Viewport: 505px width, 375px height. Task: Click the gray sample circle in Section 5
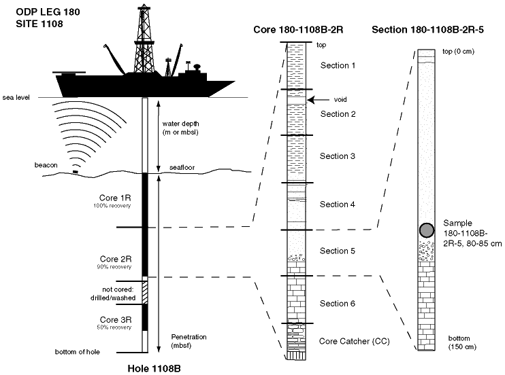coord(427,230)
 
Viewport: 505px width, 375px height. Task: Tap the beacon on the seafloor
coord(76,172)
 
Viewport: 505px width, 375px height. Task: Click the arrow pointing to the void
coord(319,100)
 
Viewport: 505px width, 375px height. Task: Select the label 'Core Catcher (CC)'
coord(355,341)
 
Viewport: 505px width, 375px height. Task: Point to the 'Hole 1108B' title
coord(154,369)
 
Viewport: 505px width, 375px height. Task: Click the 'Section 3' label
coord(337,156)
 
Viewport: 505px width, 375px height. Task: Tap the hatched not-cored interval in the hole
coord(145,292)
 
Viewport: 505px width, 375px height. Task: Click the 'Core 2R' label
coord(115,259)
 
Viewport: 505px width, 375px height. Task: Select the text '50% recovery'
coord(114,327)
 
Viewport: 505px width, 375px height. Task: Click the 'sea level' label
coord(16,97)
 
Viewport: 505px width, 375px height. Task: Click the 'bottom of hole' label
coord(78,352)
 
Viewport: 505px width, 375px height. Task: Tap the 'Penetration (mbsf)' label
coord(189,341)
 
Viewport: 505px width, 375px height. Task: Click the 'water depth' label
coord(180,124)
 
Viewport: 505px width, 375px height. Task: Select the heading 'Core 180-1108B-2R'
coord(298,30)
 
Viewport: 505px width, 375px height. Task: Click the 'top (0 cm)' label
coord(458,52)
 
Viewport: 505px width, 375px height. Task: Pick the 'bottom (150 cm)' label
coord(462,342)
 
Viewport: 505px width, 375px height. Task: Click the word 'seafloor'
coord(182,168)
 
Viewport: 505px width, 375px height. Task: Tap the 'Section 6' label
coord(337,304)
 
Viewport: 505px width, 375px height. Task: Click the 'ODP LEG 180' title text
coord(48,12)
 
